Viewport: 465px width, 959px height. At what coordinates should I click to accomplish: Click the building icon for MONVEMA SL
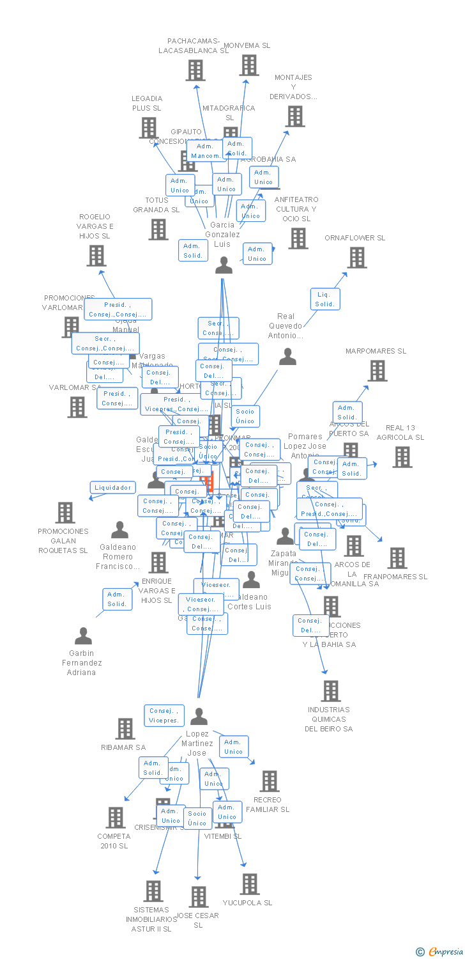(x=249, y=65)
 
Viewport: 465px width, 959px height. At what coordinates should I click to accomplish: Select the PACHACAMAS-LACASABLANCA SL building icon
(x=195, y=70)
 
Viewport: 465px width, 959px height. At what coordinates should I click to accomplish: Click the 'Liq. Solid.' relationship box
(x=324, y=299)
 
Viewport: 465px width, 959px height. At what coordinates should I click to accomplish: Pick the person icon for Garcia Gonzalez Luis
(x=224, y=265)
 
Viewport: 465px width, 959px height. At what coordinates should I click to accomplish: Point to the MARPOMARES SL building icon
(x=377, y=371)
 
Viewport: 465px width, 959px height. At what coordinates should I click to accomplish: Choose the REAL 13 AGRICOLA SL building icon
(x=402, y=456)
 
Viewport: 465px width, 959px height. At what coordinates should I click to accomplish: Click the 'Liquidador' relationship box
(x=112, y=488)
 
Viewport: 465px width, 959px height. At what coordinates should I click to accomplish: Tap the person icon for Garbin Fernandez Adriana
(x=83, y=636)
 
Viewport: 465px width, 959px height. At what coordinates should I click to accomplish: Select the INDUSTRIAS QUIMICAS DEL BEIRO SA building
(x=330, y=691)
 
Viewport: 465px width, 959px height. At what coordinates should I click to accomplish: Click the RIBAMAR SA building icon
(x=125, y=729)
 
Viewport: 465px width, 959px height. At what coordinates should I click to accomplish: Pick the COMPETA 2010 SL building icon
(x=115, y=818)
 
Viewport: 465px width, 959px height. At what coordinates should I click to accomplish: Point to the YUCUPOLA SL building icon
(x=249, y=884)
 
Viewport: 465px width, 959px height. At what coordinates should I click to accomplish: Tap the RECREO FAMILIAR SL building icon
(x=269, y=781)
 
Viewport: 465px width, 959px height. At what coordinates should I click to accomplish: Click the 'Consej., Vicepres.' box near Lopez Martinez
(x=164, y=715)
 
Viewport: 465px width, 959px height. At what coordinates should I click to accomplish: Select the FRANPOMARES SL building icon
(x=397, y=558)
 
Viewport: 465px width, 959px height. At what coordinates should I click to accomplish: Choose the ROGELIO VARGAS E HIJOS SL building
(x=96, y=256)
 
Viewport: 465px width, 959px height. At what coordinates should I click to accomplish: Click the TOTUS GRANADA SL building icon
(x=158, y=230)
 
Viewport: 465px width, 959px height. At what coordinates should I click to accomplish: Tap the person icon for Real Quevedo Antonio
(x=287, y=357)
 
